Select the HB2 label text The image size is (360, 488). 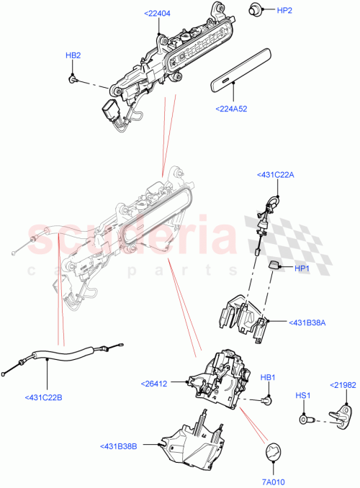pyautogui.click(x=73, y=55)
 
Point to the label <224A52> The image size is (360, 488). pyautogui.click(x=232, y=109)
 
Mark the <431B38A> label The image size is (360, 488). pyautogui.click(x=309, y=323)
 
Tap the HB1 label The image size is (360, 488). pyautogui.click(x=268, y=377)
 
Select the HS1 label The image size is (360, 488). pyautogui.click(x=303, y=396)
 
